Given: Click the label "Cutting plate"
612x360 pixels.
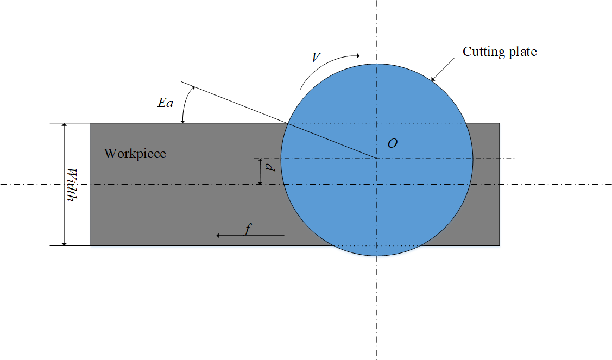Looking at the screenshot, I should [499, 52].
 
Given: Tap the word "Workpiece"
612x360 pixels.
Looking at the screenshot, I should [135, 154].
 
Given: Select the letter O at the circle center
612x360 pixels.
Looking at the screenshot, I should [392, 143].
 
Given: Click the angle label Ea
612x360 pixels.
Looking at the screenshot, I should [165, 102].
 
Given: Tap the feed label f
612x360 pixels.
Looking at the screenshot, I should [247, 230].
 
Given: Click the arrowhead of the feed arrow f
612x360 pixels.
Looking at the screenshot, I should [218, 235].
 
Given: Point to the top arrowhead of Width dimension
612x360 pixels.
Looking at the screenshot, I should [65, 125].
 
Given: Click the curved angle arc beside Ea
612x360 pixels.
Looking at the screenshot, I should [186, 104].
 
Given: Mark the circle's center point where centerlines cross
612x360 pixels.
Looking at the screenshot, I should [376, 159].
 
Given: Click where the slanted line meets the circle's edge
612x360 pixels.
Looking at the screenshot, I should [287, 124].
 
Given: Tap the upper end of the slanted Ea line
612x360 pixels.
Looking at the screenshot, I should [181, 83].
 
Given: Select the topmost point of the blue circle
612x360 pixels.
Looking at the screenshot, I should [376, 63].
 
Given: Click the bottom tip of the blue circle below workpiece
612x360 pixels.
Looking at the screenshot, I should [376, 255].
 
